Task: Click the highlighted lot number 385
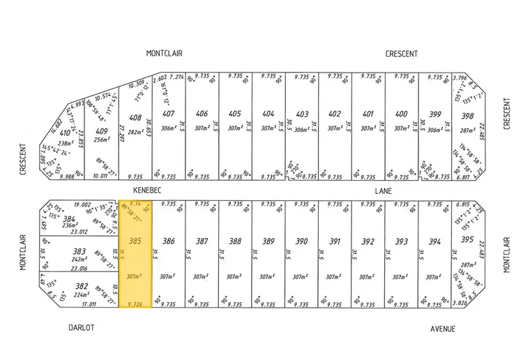tap(136, 241)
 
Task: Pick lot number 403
tap(302, 115)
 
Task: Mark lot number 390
tap(302, 241)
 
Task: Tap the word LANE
tap(382, 190)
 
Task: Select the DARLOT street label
tap(81, 327)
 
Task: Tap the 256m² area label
tap(103, 139)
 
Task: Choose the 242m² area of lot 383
tap(79, 259)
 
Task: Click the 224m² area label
tap(82, 294)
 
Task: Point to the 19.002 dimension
tap(82, 205)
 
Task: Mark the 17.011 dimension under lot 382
tap(88, 304)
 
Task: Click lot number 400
tap(401, 115)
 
